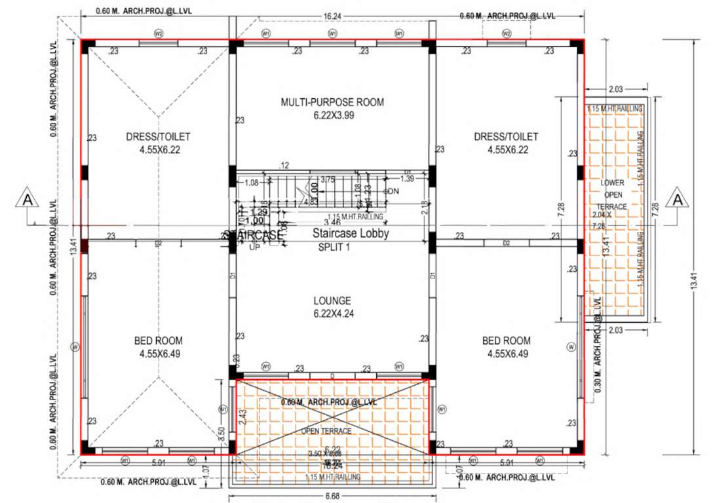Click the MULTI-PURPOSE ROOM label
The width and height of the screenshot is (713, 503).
point(332,102)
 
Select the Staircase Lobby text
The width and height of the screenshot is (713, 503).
point(351,233)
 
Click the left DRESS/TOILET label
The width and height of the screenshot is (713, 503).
point(158,137)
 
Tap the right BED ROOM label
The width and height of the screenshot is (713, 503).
point(506,341)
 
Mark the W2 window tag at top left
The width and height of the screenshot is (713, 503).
point(158,33)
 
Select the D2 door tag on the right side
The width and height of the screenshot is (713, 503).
point(506,243)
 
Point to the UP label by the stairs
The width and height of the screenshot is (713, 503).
point(254,248)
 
